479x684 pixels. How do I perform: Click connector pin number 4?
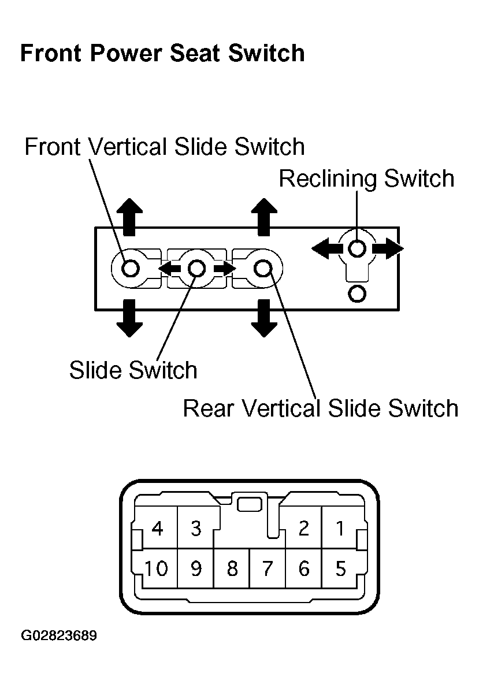pyautogui.click(x=157, y=528)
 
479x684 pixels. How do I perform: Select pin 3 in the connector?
pyautogui.click(x=196, y=528)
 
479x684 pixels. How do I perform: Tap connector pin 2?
pyautogui.click(x=303, y=528)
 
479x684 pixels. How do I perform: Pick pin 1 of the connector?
pyautogui.click(x=341, y=528)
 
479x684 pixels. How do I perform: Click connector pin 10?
pyautogui.click(x=156, y=568)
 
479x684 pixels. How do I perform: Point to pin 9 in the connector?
pyautogui.click(x=196, y=568)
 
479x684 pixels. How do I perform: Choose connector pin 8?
pyautogui.click(x=232, y=568)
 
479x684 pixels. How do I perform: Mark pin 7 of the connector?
pyautogui.click(x=268, y=568)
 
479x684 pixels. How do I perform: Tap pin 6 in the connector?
pyautogui.click(x=303, y=568)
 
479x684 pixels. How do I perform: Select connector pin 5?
pyautogui.click(x=341, y=568)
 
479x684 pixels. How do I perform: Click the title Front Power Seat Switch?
pyautogui.click(x=162, y=54)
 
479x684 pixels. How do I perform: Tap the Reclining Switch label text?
pyautogui.click(x=366, y=179)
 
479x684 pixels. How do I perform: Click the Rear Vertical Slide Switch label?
pyautogui.click(x=321, y=408)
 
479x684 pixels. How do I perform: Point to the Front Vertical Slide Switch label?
pyautogui.click(x=165, y=147)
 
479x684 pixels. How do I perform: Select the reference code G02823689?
pyautogui.click(x=59, y=635)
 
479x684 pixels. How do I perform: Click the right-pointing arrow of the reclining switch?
pyautogui.click(x=388, y=248)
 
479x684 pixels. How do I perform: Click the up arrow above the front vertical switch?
pyautogui.click(x=129, y=217)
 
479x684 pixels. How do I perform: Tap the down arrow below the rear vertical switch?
pyautogui.click(x=264, y=318)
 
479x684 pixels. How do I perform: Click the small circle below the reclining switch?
pyautogui.click(x=357, y=293)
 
